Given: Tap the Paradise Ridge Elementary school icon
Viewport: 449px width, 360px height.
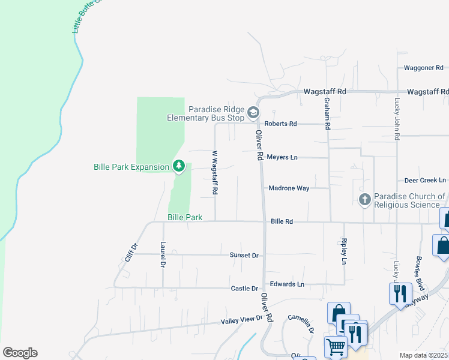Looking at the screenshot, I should pos(254,112).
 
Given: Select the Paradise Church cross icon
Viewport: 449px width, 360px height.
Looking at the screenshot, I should pos(365,200).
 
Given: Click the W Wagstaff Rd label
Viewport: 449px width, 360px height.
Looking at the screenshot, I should pos(214,172).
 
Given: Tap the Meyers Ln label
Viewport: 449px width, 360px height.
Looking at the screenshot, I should pos(282,157).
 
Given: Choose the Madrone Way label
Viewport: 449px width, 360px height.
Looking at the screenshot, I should pos(289,188).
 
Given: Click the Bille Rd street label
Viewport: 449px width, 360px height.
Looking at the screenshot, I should pos(282,221).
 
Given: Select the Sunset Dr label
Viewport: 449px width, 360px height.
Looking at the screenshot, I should pos(244,256).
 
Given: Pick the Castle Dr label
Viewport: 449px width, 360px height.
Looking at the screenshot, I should pos(244,289).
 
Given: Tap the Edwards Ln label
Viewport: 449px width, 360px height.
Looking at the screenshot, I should pos(287,284).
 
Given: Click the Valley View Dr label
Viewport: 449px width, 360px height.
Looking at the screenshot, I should pos(242,320).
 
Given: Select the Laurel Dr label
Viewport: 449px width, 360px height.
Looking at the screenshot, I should pos(163,254).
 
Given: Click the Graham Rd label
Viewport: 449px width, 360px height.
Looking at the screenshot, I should pos(328,114).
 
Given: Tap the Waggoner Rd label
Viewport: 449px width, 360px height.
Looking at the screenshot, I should pos(423,68).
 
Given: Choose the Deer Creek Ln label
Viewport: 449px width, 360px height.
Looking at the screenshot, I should pos(425,180).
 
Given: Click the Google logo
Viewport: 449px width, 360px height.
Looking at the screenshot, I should pos(20,353).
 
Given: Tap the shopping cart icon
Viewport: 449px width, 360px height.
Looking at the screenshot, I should pos(336,346).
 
